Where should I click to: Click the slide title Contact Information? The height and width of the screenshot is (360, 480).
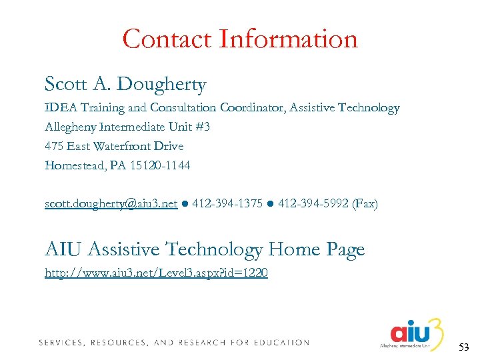point(240,39)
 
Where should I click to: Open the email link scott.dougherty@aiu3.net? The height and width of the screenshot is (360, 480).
point(111,203)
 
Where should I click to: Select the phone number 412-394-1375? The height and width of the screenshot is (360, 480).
point(227,203)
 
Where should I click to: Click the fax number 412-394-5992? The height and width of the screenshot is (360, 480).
point(313,203)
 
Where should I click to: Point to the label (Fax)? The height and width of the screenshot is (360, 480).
point(365,203)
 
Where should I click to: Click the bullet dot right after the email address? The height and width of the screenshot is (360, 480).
point(184,204)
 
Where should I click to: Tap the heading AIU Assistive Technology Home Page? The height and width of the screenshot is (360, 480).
point(205,250)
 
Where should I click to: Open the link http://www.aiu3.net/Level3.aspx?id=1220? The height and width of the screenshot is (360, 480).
point(156,273)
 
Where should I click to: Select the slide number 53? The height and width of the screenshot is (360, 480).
point(465,347)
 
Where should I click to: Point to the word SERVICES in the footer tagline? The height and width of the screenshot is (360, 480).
point(61,343)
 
